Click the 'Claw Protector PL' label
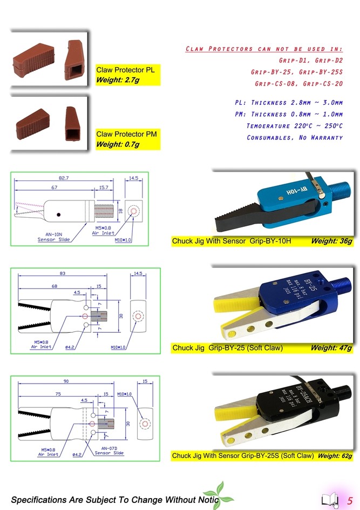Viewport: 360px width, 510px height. (x=125, y=70)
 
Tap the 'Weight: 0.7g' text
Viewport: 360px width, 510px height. (x=118, y=144)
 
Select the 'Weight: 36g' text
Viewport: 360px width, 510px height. (x=331, y=240)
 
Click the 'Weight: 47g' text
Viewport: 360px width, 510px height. (x=331, y=348)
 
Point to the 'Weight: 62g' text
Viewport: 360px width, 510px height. (x=335, y=456)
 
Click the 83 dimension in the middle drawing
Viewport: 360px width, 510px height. (x=63, y=274)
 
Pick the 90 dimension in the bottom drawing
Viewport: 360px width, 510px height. (x=66, y=381)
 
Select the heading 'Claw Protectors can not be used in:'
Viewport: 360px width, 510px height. (x=264, y=49)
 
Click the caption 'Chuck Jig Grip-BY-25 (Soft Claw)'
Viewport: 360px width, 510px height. (x=227, y=348)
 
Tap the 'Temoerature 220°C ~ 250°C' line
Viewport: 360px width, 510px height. (x=294, y=126)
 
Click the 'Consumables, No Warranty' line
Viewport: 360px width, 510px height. (x=295, y=137)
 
